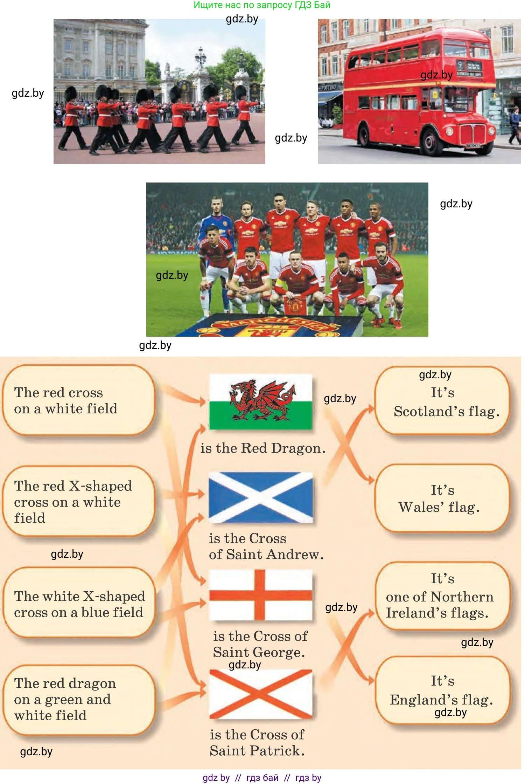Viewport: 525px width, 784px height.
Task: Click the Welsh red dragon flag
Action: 260,401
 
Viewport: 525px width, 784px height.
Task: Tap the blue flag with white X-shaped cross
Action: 260,497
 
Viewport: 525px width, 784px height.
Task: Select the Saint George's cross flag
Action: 260,595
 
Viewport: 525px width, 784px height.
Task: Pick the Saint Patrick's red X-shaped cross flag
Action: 260,694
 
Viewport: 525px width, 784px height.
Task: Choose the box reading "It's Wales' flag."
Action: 442,498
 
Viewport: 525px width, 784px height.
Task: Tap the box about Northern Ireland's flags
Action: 442,596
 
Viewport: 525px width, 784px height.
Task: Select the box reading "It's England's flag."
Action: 442,690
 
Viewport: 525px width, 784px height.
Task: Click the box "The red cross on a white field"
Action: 79,400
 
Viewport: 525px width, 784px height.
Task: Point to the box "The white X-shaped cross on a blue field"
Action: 79,602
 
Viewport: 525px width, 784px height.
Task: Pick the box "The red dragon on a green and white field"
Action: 79,700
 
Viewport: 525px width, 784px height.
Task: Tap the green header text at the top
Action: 262,5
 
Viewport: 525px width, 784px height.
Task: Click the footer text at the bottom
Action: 262,778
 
